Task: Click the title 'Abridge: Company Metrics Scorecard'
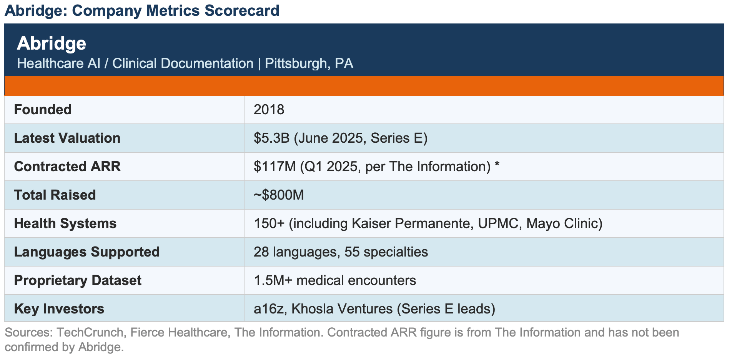(x=142, y=10)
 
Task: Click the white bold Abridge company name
(x=52, y=43)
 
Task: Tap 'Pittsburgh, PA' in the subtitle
(x=309, y=63)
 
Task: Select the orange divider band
(x=364, y=86)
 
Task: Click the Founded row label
(x=43, y=110)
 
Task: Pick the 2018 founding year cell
(x=269, y=110)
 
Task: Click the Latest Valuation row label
(x=67, y=138)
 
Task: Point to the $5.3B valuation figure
(x=271, y=138)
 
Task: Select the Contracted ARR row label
(x=67, y=167)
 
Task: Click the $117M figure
(x=275, y=167)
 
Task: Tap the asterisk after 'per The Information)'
(x=497, y=165)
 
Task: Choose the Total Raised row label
(x=55, y=195)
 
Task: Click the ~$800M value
(x=279, y=195)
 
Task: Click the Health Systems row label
(x=65, y=223)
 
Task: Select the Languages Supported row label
(x=87, y=252)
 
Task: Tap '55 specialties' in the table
(x=386, y=252)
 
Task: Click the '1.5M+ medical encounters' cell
(x=335, y=280)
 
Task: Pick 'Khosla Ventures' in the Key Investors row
(x=342, y=309)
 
